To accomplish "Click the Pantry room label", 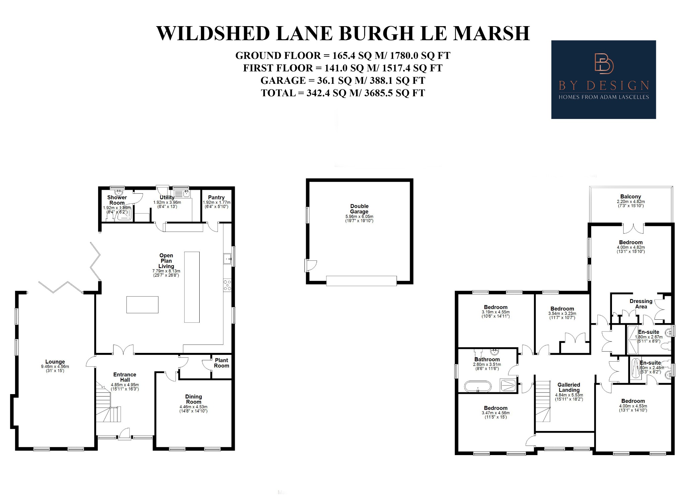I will [216, 197].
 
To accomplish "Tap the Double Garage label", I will [359, 209].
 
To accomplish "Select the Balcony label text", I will [630, 197].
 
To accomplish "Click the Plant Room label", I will [221, 363].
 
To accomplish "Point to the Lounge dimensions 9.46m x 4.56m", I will [55, 367].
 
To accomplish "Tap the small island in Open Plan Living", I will [142, 305].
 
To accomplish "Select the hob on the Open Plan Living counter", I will [227, 285].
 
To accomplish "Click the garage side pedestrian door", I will [310, 265].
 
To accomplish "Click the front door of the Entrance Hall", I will [125, 434].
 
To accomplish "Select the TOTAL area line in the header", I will [343, 93].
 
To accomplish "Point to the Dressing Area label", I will [641, 304].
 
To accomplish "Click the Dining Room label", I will [193, 399].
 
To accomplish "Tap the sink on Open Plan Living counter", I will [227, 259].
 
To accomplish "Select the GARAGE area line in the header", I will [343, 80].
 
